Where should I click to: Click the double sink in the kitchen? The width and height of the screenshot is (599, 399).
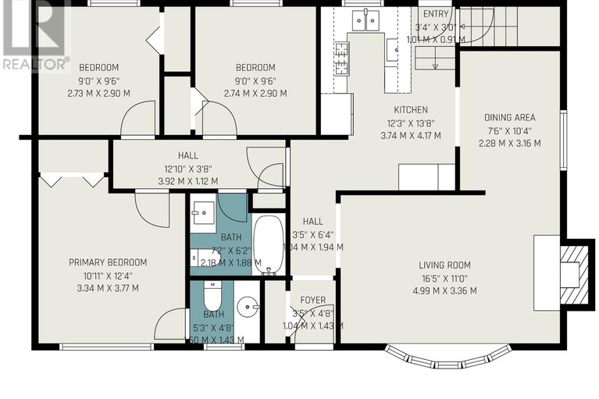pos(365,20)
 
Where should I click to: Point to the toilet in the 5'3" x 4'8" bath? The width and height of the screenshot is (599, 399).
pos(211,296)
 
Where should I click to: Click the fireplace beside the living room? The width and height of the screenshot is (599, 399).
pos(574,273)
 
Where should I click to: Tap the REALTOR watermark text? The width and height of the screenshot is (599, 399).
pos(36,63)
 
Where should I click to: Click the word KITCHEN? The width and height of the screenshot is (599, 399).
pos(411,110)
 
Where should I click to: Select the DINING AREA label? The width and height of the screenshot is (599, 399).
pos(509,118)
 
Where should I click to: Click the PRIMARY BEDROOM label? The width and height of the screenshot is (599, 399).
pos(108,262)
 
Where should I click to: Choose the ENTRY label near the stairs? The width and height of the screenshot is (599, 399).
pos(435,14)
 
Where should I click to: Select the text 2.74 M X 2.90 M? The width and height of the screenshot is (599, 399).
pos(255,93)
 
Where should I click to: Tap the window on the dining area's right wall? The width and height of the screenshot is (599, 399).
pos(562,145)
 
